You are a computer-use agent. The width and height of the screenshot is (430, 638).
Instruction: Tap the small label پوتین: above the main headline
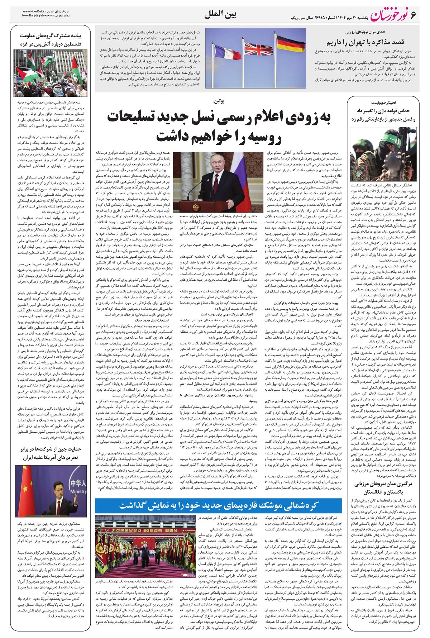[x=219, y=101]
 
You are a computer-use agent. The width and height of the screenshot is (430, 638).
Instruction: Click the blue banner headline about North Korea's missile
[x=219, y=505]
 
